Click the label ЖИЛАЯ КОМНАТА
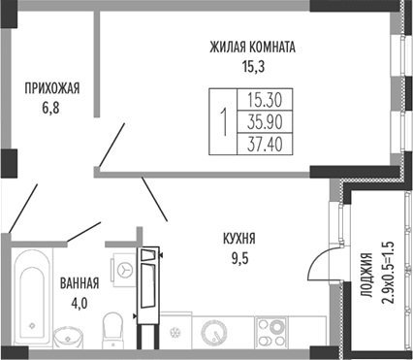pos(252,48)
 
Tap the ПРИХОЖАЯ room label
pos(52,88)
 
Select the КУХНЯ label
pos(239,239)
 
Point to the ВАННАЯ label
pos(79,283)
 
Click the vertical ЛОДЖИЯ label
pos(366,276)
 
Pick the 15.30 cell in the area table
pos(265,100)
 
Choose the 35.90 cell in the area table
pos(265,122)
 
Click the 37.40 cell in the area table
pos(265,144)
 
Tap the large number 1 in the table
pos(223,121)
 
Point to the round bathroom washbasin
pos(68,338)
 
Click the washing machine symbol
pos(124,269)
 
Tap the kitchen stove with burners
pos(271,333)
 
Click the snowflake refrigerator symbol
pos(176,333)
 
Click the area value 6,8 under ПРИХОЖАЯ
pos(51,108)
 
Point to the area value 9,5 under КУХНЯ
pos(239,259)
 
